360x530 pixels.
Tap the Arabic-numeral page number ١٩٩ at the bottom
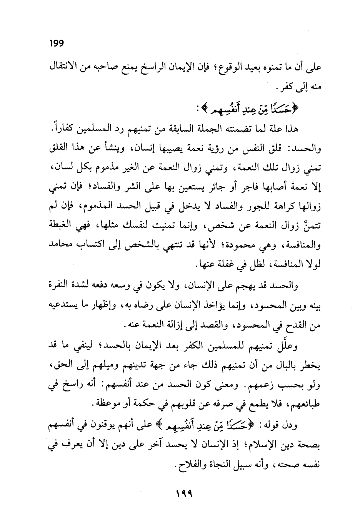tap(180, 493)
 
